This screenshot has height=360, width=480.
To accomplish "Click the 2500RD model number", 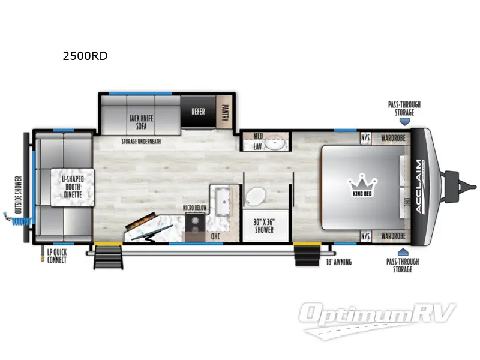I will pyautogui.click(x=85, y=57).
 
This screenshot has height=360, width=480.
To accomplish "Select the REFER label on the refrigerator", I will pyautogui.click(x=198, y=111).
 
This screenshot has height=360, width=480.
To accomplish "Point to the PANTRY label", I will pyautogui.click(x=225, y=111).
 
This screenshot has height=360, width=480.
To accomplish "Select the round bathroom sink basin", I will pyautogui.click(x=277, y=144).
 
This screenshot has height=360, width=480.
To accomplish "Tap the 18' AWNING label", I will pyautogui.click(x=339, y=262).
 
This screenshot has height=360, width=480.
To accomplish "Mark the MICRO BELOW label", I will pyautogui.click(x=196, y=208).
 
